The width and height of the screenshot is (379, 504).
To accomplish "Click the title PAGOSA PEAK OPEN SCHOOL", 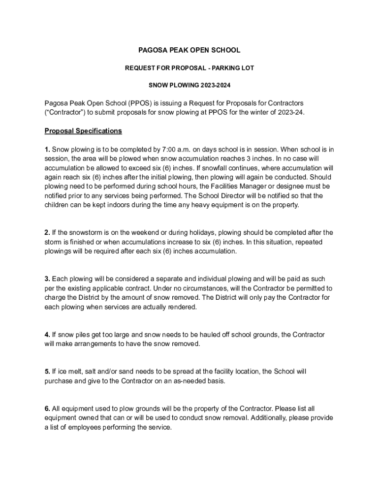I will click(x=189, y=50).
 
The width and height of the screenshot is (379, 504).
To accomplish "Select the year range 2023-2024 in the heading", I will click(x=215, y=85).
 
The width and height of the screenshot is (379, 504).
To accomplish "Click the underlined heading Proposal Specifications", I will click(x=83, y=131).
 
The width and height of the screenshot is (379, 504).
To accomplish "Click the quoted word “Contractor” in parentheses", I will click(x=64, y=112).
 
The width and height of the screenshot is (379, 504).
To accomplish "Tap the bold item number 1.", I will click(x=47, y=149).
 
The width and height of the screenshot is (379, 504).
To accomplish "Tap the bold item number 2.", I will click(x=47, y=232).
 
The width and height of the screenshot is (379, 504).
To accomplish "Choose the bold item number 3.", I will click(x=47, y=279).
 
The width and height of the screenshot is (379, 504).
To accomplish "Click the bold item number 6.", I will click(x=47, y=409).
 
